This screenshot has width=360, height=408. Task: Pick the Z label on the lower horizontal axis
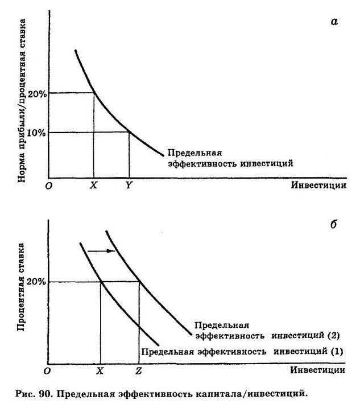(139, 370)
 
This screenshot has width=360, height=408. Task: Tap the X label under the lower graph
(101, 370)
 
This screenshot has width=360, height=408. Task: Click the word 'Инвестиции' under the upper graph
(318, 186)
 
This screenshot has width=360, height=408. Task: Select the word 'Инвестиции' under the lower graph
(318, 370)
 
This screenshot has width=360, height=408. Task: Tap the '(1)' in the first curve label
(336, 351)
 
